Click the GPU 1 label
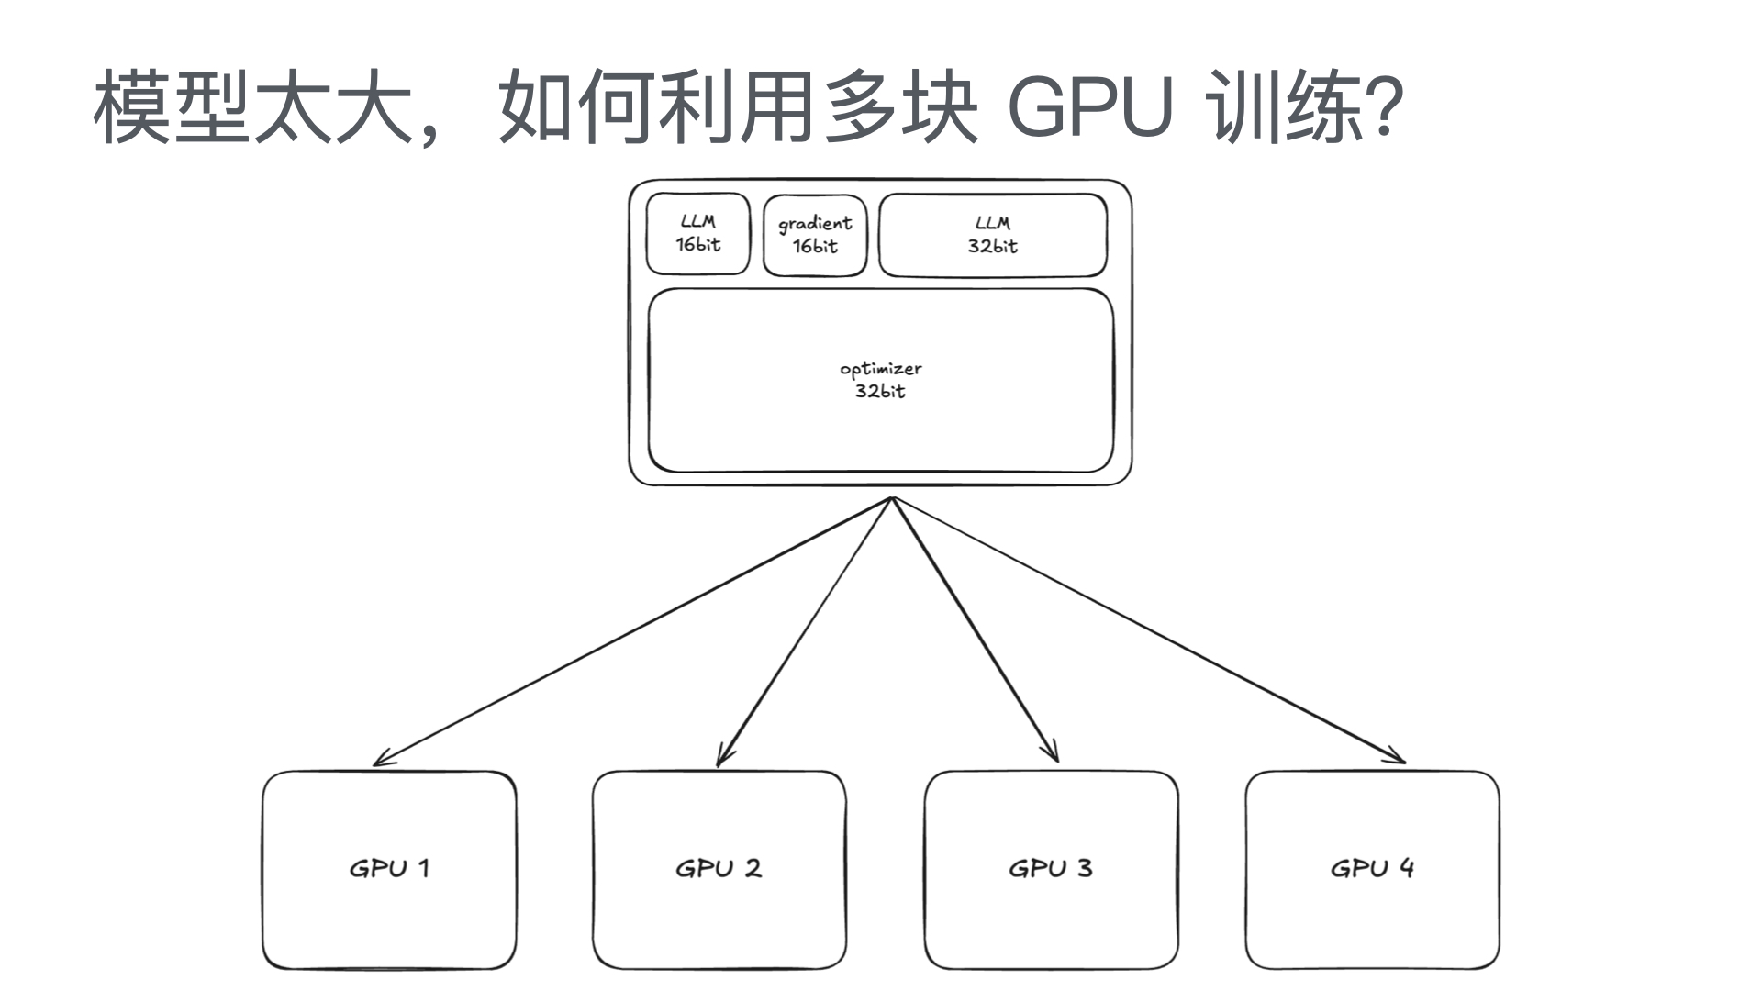389,868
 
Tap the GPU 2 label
719,868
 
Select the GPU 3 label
1051,868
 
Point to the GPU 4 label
1372,868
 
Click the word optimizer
880,369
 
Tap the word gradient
815,223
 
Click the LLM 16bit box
698,234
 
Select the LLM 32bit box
992,235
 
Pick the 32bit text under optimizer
880,392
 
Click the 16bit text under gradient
815,246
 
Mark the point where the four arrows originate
892,499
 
